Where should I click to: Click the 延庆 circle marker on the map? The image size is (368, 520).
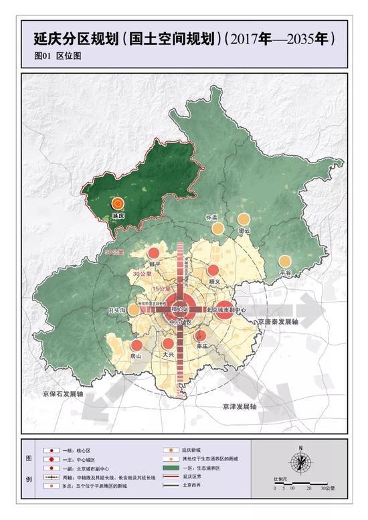point(118,204)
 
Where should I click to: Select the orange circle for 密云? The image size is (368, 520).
point(244,219)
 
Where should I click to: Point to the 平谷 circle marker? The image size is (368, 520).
point(286,262)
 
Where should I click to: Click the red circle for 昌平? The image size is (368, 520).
point(154,253)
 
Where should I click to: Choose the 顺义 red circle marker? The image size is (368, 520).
point(213,270)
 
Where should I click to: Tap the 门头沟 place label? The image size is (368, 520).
point(118,310)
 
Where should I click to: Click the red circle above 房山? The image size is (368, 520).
point(136,345)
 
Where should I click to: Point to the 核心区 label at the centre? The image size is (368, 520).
point(180,309)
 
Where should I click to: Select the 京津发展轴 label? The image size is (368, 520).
point(240,406)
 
